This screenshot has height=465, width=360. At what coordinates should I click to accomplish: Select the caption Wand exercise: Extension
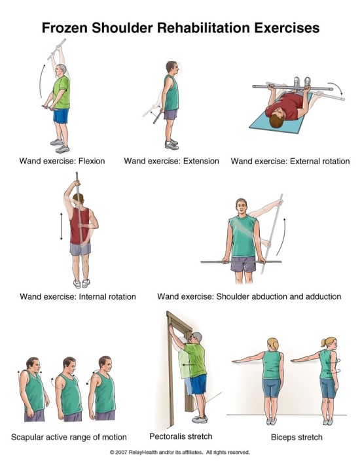coord(171,161)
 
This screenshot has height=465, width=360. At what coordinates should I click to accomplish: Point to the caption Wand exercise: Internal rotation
coord(78,296)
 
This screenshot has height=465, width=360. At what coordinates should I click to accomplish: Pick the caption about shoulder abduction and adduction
coord(249,296)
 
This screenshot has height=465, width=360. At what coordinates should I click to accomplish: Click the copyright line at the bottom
coord(179,452)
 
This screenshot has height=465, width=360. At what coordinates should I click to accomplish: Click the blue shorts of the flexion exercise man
coord(61,116)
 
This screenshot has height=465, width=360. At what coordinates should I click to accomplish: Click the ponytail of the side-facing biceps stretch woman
coord(323,343)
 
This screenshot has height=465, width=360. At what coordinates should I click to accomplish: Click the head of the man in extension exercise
coord(171,67)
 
